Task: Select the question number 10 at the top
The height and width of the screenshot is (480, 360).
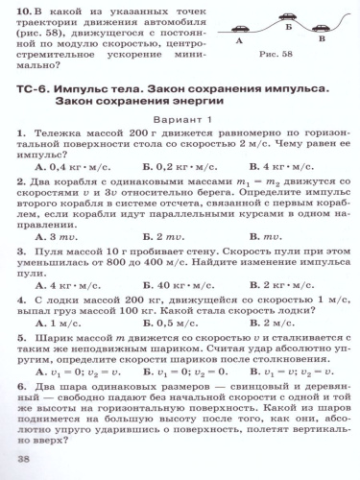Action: (20, 11)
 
